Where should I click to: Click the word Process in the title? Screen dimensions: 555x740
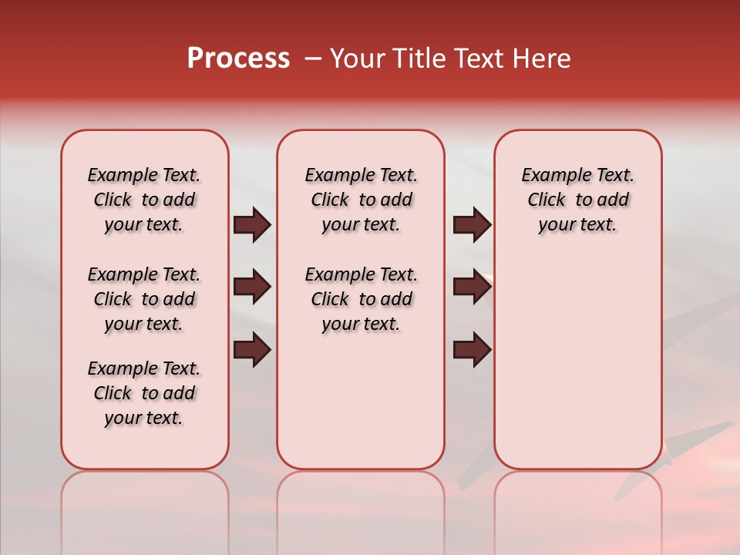point(238,58)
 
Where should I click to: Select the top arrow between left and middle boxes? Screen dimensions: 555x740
point(252,225)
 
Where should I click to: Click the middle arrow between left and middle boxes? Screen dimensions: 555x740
point(252,288)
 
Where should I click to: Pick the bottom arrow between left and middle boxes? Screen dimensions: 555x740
point(252,351)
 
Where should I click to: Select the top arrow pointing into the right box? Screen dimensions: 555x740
point(472,225)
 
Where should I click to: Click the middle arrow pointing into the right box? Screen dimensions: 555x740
point(472,288)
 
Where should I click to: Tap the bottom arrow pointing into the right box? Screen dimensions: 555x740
point(472,351)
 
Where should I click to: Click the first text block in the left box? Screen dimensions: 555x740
point(144,200)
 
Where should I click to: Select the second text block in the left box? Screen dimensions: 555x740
point(144,299)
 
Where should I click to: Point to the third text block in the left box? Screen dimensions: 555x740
point(144,393)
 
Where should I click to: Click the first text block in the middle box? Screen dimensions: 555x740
point(361,200)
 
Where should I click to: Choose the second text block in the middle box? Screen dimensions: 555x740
point(361,299)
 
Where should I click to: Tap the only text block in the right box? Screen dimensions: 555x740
point(578,200)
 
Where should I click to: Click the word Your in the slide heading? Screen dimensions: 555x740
point(357,58)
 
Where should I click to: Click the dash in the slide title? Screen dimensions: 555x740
point(313,58)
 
